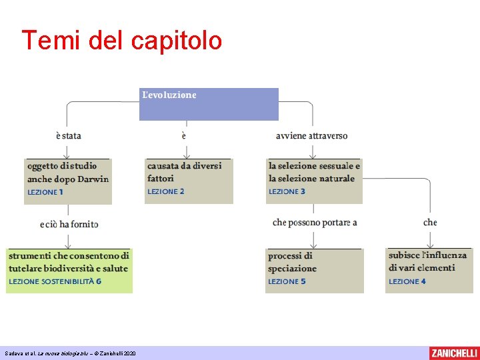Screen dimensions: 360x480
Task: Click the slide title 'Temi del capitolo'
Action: [121, 41]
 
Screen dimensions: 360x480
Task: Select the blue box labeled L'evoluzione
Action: [209, 104]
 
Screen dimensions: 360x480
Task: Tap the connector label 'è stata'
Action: [69, 136]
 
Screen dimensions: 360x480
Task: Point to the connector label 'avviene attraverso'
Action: [311, 136]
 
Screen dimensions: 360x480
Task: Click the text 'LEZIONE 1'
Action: [45, 192]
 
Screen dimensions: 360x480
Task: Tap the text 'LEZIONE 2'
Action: [166, 191]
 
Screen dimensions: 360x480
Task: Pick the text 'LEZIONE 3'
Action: [287, 191]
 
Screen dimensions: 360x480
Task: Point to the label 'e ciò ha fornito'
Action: [69, 224]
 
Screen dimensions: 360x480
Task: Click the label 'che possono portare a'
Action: [315, 222]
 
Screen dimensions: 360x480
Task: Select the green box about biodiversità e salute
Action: [69, 271]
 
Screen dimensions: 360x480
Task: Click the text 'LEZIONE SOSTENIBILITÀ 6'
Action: [55, 281]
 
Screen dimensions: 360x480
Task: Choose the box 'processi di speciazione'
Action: [315, 271]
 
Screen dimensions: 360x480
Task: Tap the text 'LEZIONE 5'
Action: [287, 281]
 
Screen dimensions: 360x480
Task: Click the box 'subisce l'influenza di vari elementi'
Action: [429, 271]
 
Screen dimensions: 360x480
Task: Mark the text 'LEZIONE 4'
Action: [407, 281]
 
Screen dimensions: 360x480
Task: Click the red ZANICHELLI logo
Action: [453, 353]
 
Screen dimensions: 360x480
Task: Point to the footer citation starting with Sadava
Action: [69, 353]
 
